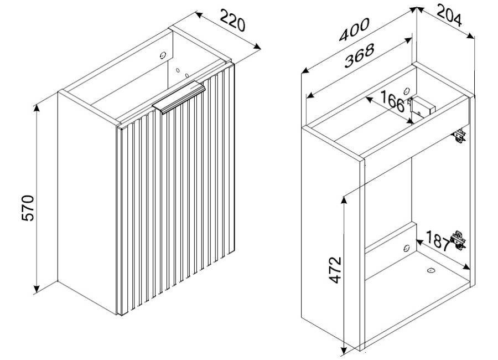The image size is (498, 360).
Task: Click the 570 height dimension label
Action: [28, 208]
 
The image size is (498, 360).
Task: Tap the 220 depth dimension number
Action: [233, 20]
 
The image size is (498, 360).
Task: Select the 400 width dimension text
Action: [354, 29]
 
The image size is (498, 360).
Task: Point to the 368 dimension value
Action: [359, 55]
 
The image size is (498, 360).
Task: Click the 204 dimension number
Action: [449, 15]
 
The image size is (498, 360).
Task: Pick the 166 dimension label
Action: [392, 101]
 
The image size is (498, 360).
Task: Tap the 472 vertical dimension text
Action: [335, 270]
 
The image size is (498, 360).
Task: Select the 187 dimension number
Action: [438, 240]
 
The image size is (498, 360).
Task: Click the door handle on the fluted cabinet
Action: [179, 97]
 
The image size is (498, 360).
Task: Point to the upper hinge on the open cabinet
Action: [459, 136]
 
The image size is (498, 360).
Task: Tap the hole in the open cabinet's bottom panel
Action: [430, 270]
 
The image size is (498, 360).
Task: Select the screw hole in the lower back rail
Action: [406, 248]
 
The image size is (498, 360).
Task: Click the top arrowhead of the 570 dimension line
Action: [37, 108]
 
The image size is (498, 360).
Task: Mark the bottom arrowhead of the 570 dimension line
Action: [37, 288]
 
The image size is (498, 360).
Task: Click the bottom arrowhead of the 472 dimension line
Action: [343, 351]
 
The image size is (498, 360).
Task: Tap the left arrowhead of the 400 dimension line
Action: [305, 71]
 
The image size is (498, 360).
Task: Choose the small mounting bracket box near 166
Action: [422, 106]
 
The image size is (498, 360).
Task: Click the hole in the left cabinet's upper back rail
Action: [163, 55]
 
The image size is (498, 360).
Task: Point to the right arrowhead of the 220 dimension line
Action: [257, 47]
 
